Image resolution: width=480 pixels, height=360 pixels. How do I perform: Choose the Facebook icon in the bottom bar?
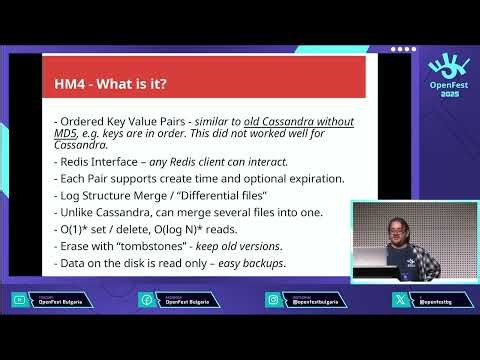[146, 299]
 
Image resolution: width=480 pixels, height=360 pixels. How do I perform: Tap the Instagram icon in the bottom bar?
[273, 299]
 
